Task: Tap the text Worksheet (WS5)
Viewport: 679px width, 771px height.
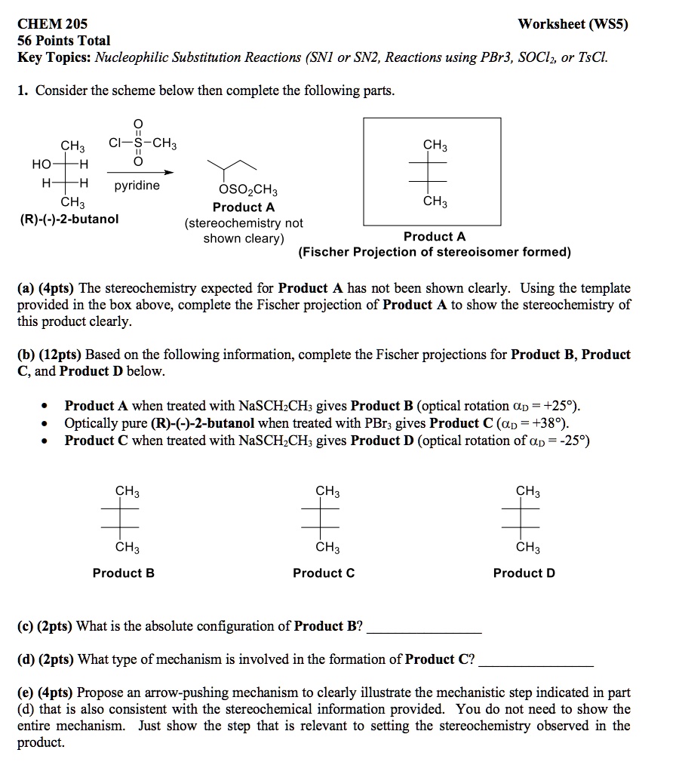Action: pos(573,23)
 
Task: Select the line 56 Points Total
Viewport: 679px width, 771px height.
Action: pos(63,41)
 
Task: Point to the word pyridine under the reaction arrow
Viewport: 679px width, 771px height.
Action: pos(137,185)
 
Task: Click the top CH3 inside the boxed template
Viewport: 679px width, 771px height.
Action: pos(435,144)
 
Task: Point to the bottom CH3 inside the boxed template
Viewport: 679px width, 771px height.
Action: pos(435,201)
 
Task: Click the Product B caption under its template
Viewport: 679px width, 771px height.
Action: pos(124,573)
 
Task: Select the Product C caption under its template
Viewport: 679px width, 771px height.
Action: pos(324,573)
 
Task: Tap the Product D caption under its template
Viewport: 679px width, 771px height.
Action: pos(524,573)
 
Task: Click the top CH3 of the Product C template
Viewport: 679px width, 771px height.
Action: pos(327,492)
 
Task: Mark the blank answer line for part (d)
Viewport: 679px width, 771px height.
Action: pos(537,665)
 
